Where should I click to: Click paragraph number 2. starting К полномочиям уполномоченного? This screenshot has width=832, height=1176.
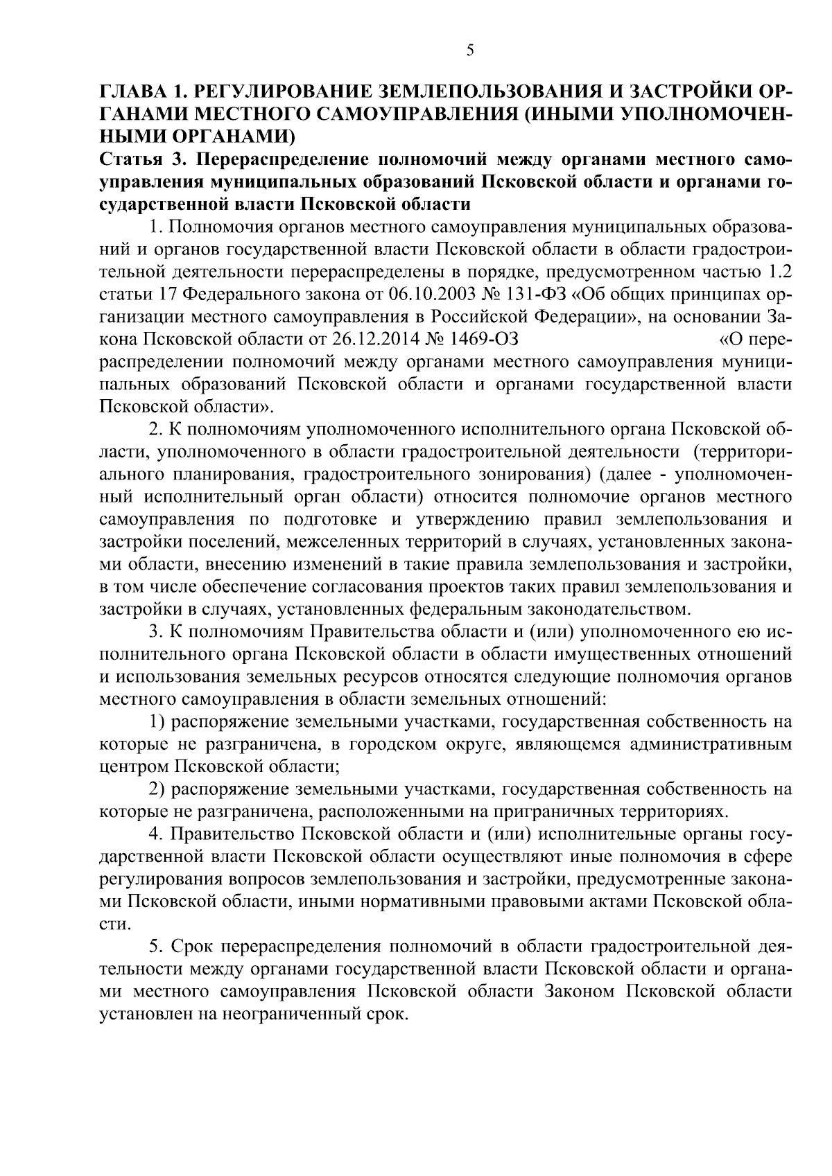[x=156, y=430]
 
